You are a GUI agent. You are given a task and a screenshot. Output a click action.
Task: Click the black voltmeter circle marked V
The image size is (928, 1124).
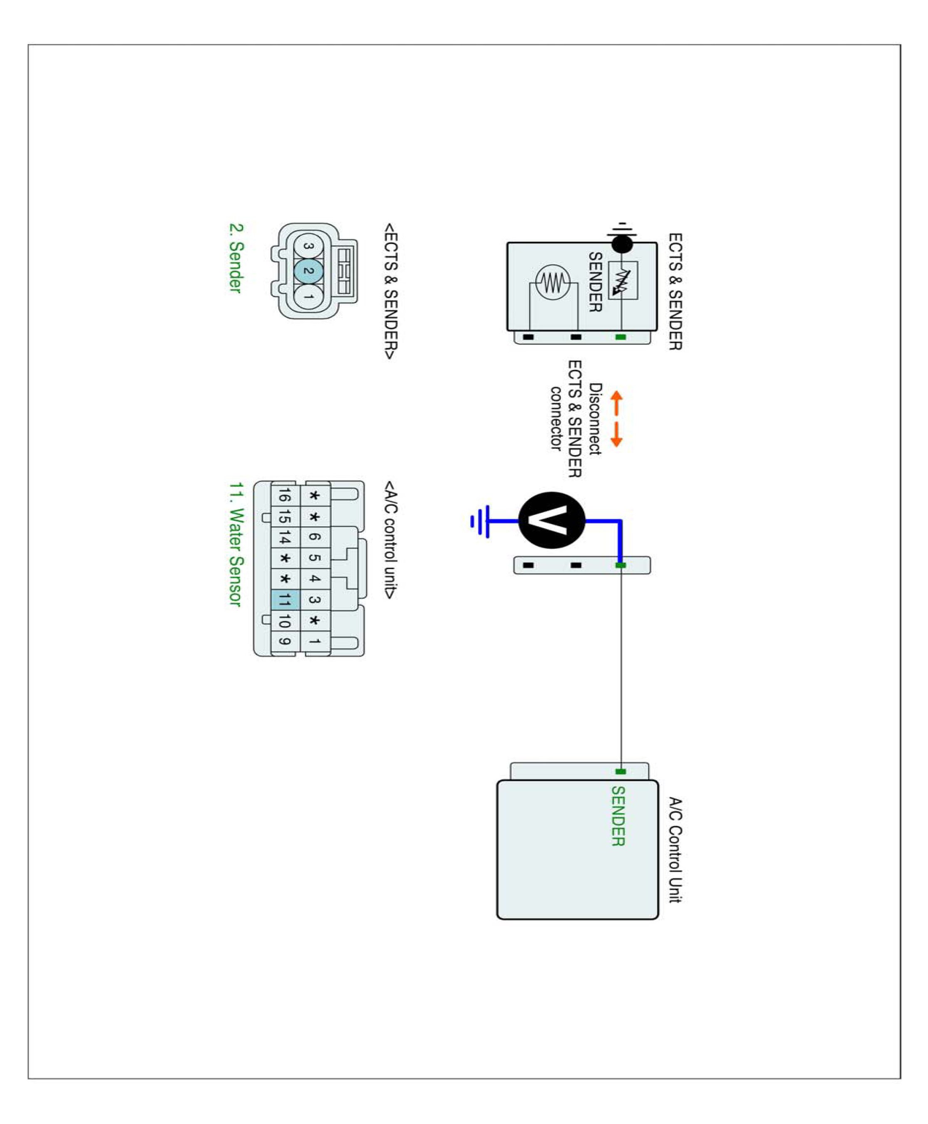coord(552,520)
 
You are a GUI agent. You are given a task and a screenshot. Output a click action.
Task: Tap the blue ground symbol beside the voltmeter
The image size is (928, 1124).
coord(481,521)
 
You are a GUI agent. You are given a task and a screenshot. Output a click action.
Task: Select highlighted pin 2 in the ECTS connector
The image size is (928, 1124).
coord(308,271)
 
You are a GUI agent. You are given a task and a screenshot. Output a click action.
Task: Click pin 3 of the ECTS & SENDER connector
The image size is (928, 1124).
coord(308,246)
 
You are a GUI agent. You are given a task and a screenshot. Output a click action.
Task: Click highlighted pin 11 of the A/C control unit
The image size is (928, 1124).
coord(285,599)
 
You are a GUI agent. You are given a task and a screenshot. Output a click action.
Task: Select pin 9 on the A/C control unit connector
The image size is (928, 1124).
coord(285,641)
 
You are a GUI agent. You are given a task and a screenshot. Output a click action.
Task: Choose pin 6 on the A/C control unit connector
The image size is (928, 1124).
coord(315,537)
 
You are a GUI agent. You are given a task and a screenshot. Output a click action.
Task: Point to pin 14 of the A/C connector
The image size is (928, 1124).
coord(285,537)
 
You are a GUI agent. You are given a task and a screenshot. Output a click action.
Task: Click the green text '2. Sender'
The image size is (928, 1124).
coord(236,258)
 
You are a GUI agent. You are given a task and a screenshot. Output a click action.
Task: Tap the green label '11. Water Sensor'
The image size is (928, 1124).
coord(236,545)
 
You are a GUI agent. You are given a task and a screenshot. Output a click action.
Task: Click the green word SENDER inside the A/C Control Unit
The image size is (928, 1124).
coord(618,816)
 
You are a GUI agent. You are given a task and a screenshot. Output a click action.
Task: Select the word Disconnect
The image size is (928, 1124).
coord(595,419)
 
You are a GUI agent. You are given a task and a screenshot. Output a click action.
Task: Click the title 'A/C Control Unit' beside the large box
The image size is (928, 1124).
coord(675,850)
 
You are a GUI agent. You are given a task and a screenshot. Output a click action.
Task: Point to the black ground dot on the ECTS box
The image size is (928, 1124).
coord(622,245)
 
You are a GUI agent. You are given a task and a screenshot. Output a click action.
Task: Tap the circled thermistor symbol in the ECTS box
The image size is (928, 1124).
coord(553,282)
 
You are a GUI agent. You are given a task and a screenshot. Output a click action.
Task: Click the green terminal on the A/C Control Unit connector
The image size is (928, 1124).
coord(620,772)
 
